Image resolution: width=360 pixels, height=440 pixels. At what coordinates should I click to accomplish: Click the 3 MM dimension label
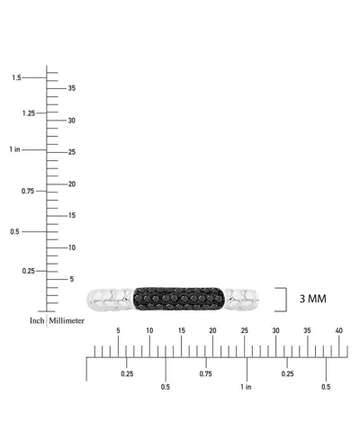[312, 299]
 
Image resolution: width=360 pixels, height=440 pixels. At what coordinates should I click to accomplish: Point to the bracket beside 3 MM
[286, 300]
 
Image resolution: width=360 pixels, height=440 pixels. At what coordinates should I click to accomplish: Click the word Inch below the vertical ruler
[37, 320]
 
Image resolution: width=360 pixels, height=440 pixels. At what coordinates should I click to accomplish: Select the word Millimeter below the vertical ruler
[67, 320]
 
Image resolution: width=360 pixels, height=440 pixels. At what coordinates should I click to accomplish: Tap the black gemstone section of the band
[178, 299]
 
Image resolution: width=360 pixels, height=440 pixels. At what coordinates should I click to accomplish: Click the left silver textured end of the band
[110, 299]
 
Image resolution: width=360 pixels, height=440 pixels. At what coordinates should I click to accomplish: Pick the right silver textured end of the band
[241, 299]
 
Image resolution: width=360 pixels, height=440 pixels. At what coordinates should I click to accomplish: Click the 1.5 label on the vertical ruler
[16, 77]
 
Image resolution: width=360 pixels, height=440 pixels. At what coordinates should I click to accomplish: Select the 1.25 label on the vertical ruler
[29, 113]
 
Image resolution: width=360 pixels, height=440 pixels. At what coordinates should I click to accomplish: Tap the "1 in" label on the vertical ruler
[14, 149]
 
